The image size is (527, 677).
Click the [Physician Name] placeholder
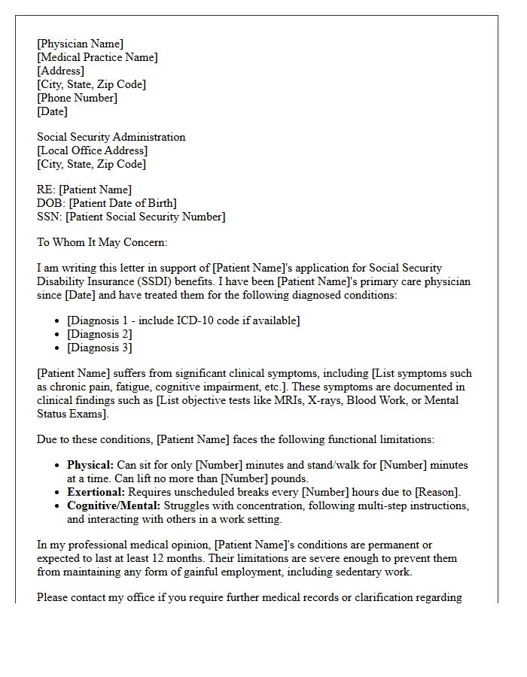coord(80,44)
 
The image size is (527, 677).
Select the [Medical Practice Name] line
coord(97,57)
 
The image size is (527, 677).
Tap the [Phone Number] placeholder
coord(77,98)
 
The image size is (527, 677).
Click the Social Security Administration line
coord(111,137)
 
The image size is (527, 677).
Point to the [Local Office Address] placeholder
coord(92,150)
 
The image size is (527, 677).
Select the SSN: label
coord(50,217)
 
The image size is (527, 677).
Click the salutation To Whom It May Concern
coord(102,242)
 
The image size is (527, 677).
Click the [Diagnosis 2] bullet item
coord(99,334)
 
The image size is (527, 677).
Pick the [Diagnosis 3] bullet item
coord(99,348)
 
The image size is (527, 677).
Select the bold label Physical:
coord(90,465)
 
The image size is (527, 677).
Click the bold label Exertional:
coord(95,492)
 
